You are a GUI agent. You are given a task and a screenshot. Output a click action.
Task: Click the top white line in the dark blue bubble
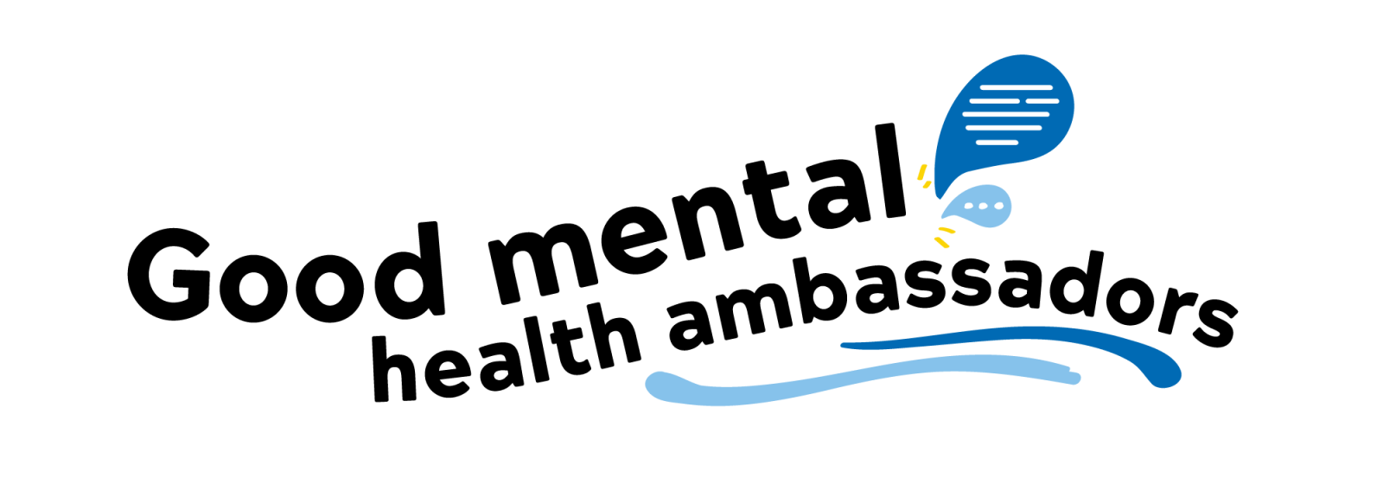(x=1016, y=87)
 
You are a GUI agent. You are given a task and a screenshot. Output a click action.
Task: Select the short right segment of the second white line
(x=1042, y=101)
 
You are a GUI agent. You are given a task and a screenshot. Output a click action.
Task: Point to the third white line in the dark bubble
(x=1006, y=114)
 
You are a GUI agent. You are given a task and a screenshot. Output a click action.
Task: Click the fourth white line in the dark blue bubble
(x=1003, y=128)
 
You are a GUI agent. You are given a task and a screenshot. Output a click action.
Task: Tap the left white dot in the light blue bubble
(x=969, y=206)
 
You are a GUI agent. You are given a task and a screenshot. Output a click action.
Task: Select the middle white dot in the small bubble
(x=984, y=206)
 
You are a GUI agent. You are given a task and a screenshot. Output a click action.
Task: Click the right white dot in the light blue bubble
(x=998, y=206)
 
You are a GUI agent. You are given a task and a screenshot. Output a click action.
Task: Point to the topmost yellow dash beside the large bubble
(x=921, y=171)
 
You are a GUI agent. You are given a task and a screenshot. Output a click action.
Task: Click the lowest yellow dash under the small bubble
(x=941, y=243)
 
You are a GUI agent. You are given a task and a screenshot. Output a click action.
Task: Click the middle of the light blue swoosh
(x=864, y=376)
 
